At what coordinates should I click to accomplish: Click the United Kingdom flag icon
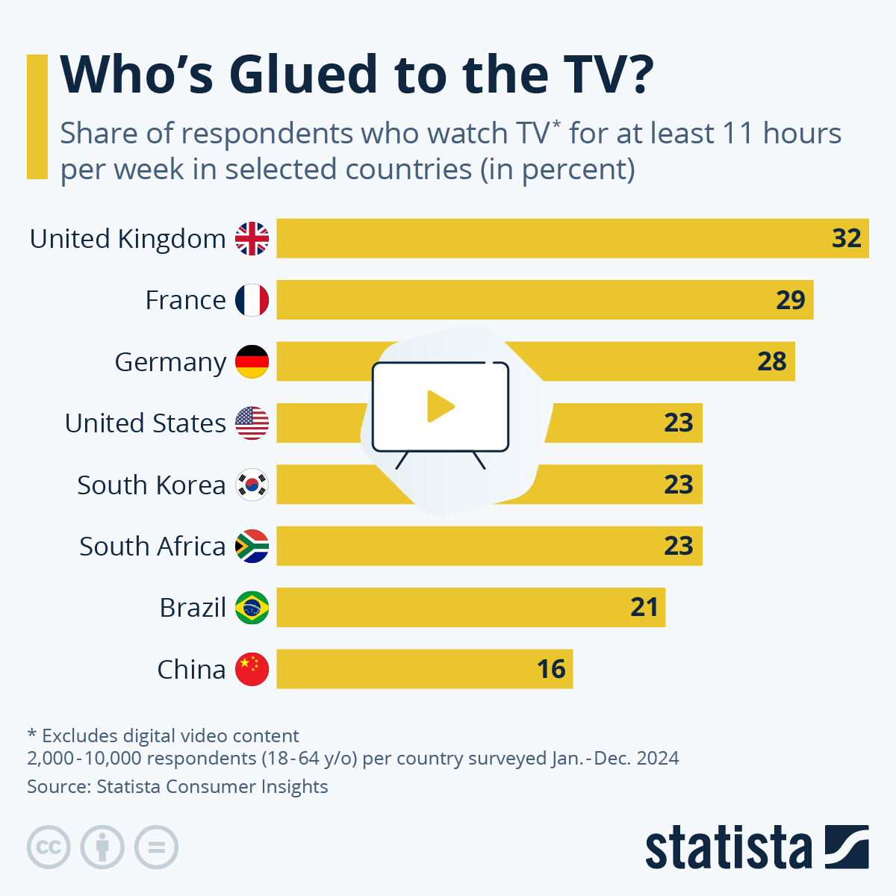click(x=252, y=239)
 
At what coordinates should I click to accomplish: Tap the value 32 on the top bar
click(x=847, y=238)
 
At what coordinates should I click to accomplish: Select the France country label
click(x=185, y=300)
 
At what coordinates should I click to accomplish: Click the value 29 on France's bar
click(x=790, y=300)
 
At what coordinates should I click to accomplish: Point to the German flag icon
click(x=252, y=362)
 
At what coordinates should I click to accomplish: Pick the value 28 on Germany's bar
click(x=771, y=362)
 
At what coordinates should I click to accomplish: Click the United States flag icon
click(x=252, y=423)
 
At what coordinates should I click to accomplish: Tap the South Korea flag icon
click(x=252, y=485)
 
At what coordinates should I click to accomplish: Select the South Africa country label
click(x=152, y=547)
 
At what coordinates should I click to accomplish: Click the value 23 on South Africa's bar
click(x=678, y=547)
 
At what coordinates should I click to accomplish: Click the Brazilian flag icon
click(x=252, y=608)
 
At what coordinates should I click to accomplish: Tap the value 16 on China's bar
click(x=551, y=670)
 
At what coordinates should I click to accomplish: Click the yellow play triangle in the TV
click(x=440, y=407)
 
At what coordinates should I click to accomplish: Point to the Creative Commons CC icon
click(x=49, y=847)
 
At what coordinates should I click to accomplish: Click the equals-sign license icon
click(x=156, y=847)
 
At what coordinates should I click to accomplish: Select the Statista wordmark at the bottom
click(x=728, y=847)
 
